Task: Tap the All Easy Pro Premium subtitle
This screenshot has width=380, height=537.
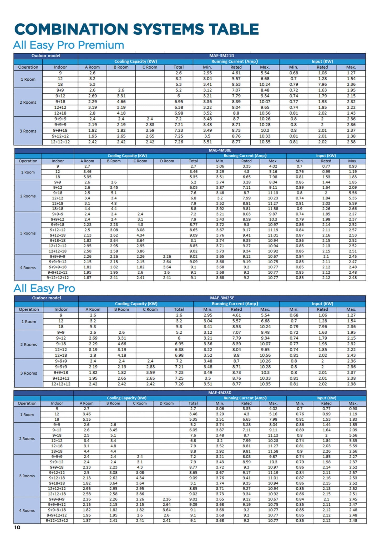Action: (69, 45)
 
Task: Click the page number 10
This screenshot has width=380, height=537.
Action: (17, 527)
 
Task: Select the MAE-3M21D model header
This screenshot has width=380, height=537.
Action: (221, 56)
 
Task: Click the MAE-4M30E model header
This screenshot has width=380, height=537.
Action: (220, 150)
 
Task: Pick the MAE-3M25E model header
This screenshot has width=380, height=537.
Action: (222, 298)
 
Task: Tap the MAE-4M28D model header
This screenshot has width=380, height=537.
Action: (220, 393)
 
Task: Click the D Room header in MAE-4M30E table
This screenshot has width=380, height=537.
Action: (167, 161)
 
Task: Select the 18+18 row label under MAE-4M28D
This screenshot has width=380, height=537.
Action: (57, 451)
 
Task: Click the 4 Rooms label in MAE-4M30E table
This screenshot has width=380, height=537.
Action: (28, 268)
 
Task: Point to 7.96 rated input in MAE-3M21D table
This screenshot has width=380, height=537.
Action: (322, 84)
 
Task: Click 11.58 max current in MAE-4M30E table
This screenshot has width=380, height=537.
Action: (273, 209)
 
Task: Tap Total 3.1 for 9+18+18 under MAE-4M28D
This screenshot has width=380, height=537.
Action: (193, 483)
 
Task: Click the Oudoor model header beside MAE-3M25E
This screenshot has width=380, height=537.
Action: (47, 298)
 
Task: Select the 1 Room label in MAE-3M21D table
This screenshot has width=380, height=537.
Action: (28, 79)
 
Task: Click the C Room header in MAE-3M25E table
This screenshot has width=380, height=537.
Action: (150, 309)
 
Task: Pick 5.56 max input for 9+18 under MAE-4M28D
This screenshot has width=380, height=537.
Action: (353, 435)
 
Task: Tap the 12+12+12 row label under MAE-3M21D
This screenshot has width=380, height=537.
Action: (60, 142)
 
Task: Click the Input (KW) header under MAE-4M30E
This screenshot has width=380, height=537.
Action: (326, 156)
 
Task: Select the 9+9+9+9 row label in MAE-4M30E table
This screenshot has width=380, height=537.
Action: (58, 257)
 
